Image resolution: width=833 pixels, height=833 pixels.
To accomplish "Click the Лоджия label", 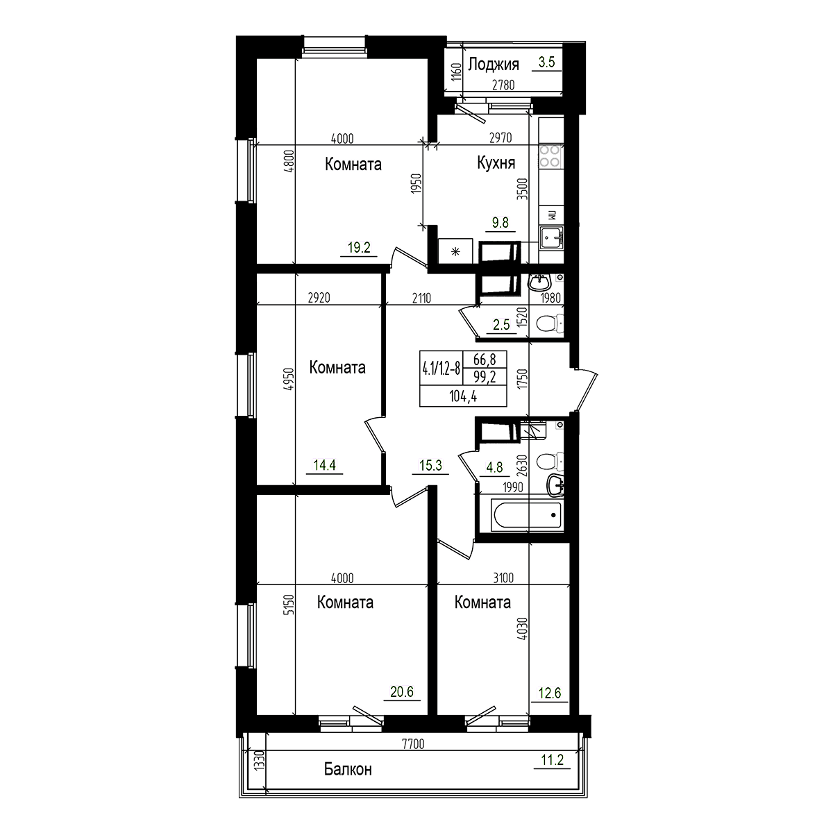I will click(494, 65).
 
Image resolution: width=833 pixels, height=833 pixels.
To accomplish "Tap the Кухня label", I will click(496, 163).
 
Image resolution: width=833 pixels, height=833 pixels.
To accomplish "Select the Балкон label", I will click(348, 769).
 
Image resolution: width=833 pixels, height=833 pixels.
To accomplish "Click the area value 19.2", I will click(358, 246).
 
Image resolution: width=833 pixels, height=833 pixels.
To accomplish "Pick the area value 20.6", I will click(402, 691).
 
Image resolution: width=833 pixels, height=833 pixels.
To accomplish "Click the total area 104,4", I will click(462, 396).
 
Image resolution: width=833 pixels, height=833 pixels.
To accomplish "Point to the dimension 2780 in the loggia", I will click(504, 85).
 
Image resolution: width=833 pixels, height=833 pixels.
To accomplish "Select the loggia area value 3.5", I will click(546, 62).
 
